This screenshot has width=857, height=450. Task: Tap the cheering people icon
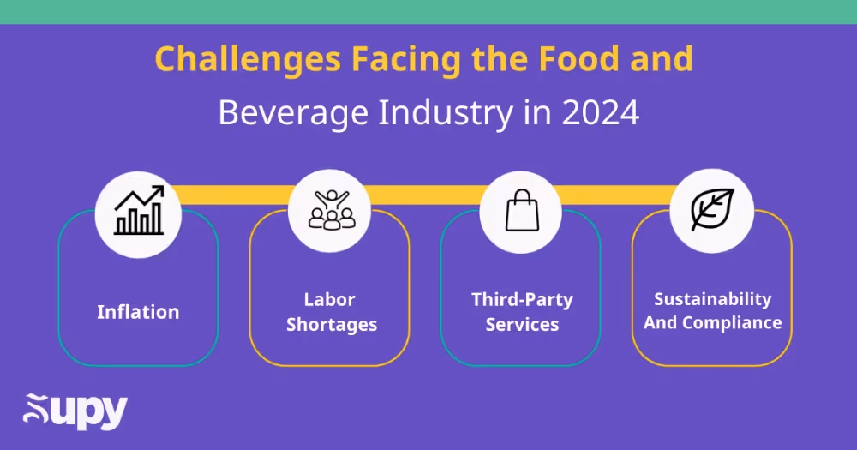point(330,211)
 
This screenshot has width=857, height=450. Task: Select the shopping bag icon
point(521,211)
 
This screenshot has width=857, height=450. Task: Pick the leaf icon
point(712,211)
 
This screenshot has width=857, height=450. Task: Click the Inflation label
point(138,312)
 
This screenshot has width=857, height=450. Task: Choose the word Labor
point(329,300)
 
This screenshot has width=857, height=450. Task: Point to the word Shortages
point(331,325)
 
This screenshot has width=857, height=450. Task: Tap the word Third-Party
point(522,300)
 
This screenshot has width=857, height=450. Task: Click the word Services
point(522,325)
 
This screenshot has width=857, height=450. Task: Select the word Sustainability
point(712,299)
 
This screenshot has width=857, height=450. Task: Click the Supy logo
point(75,412)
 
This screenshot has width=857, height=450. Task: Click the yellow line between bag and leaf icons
point(616,196)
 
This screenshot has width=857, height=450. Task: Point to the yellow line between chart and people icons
point(234,195)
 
